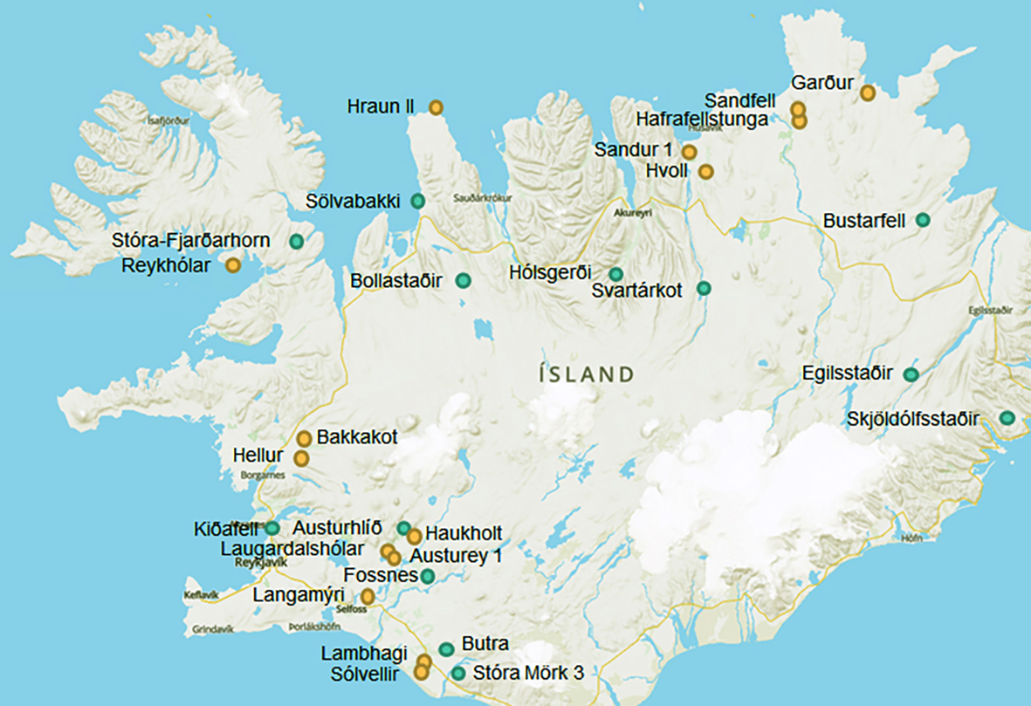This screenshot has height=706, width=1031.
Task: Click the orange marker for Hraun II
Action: (x=436, y=107)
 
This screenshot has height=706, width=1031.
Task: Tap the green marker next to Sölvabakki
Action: (x=418, y=201)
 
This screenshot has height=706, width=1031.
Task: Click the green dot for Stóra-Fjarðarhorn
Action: (x=297, y=241)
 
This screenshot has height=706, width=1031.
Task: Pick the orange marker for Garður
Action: (x=868, y=92)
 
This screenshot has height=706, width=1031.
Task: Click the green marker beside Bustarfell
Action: (x=922, y=220)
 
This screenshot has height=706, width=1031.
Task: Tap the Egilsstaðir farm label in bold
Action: (x=847, y=374)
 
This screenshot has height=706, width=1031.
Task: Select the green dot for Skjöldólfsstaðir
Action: (x=1007, y=418)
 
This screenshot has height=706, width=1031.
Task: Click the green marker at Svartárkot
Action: (x=704, y=289)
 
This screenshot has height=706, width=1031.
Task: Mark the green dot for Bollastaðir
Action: (x=464, y=280)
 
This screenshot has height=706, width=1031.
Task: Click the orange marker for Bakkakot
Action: (x=304, y=438)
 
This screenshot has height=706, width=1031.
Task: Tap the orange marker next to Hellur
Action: (x=301, y=457)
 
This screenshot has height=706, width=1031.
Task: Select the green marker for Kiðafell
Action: (x=272, y=528)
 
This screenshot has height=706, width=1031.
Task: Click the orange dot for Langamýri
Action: (x=368, y=597)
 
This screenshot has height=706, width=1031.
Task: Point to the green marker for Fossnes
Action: (x=428, y=576)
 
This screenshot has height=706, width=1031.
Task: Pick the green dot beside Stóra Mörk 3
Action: (x=458, y=673)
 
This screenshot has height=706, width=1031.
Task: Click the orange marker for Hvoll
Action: (x=705, y=171)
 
